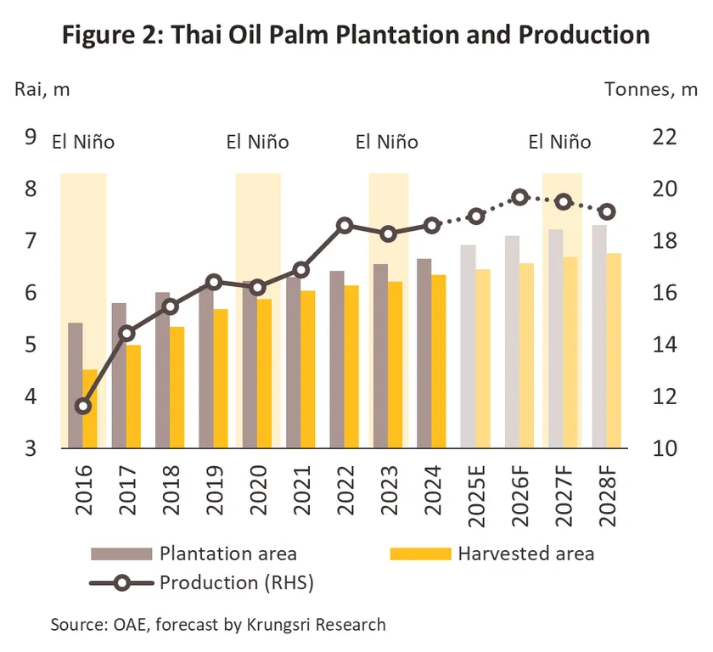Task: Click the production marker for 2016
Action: click(x=83, y=406)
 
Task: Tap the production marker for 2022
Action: click(x=345, y=226)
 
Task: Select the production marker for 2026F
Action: click(x=520, y=198)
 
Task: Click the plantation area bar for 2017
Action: click(x=119, y=375)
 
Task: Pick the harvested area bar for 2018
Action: click(x=177, y=387)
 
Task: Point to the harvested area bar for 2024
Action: click(x=439, y=362)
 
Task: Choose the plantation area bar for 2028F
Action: click(x=599, y=336)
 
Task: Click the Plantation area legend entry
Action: click(x=227, y=554)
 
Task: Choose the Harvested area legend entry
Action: click(x=525, y=554)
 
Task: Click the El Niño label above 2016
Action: click(x=83, y=142)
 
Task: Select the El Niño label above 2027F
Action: click(x=559, y=142)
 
